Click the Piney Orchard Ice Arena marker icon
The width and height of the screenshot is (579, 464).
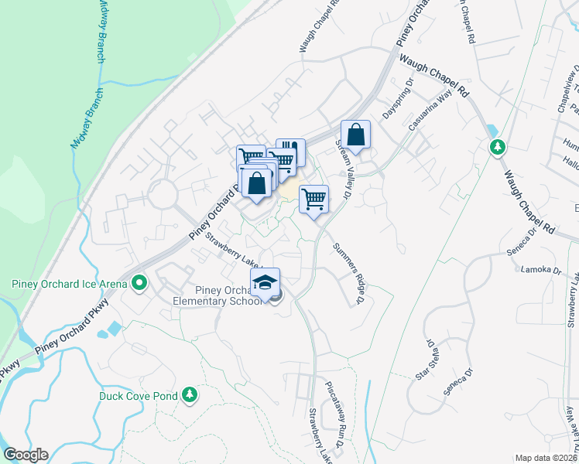point(139,284)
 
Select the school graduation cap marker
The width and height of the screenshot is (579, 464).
point(265,281)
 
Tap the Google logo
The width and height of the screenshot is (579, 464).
point(26,455)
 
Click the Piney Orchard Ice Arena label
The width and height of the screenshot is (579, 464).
point(69,284)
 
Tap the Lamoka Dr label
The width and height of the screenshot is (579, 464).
point(541,269)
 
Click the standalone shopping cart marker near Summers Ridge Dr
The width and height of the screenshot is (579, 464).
point(313,199)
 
